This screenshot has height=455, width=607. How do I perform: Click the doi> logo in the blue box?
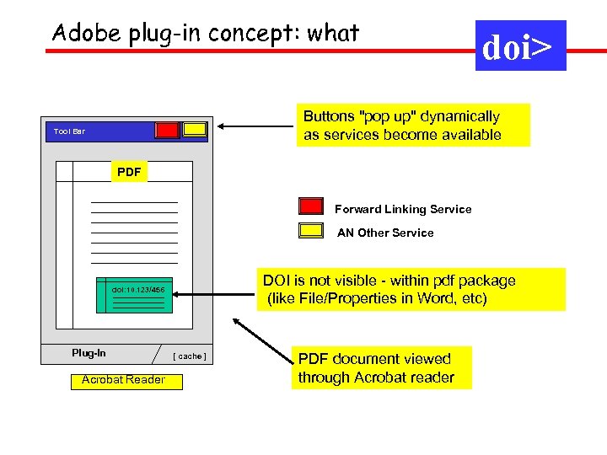tap(520, 47)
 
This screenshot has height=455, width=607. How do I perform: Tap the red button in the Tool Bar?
tap(167, 130)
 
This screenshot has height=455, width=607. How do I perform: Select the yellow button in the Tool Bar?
tap(196, 130)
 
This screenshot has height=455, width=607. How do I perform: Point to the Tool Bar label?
tap(69, 131)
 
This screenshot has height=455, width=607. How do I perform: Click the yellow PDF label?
tap(129, 172)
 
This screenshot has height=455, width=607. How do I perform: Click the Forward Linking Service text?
tap(403, 209)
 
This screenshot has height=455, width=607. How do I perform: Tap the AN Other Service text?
tap(385, 233)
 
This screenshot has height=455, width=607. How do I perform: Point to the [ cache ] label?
tap(190, 356)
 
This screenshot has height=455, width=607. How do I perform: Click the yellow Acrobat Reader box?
tap(123, 380)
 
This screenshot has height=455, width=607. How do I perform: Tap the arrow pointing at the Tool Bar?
tap(253, 127)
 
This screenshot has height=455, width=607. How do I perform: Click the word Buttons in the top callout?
tap(330, 116)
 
